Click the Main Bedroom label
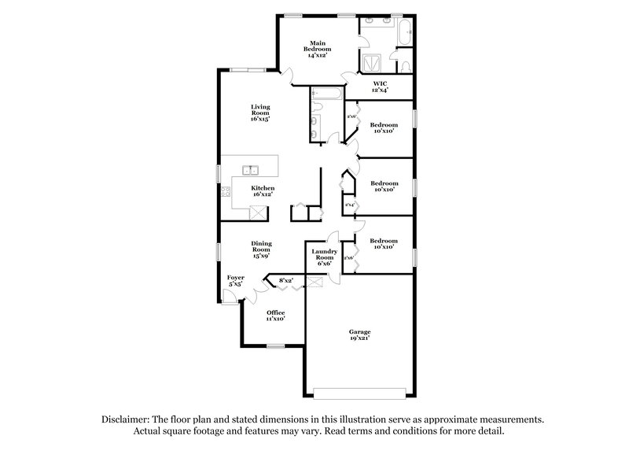click(x=318, y=49)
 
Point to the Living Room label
click(x=260, y=113)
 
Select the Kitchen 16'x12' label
click(x=263, y=193)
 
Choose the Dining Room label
click(x=262, y=250)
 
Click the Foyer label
click(x=235, y=282)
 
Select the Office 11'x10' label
click(x=274, y=316)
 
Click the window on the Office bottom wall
click(x=274, y=345)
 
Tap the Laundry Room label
click(x=326, y=257)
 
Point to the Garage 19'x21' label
click(x=359, y=335)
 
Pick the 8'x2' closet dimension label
click(x=285, y=279)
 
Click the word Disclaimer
click(x=127, y=420)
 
